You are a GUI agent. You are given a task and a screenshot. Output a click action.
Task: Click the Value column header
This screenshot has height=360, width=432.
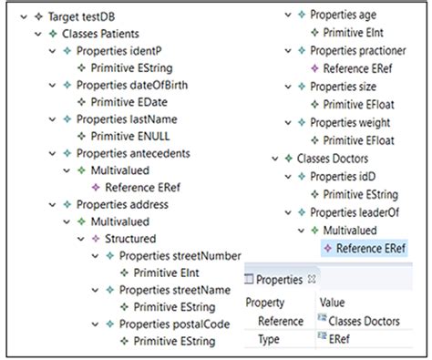(x=332, y=302)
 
